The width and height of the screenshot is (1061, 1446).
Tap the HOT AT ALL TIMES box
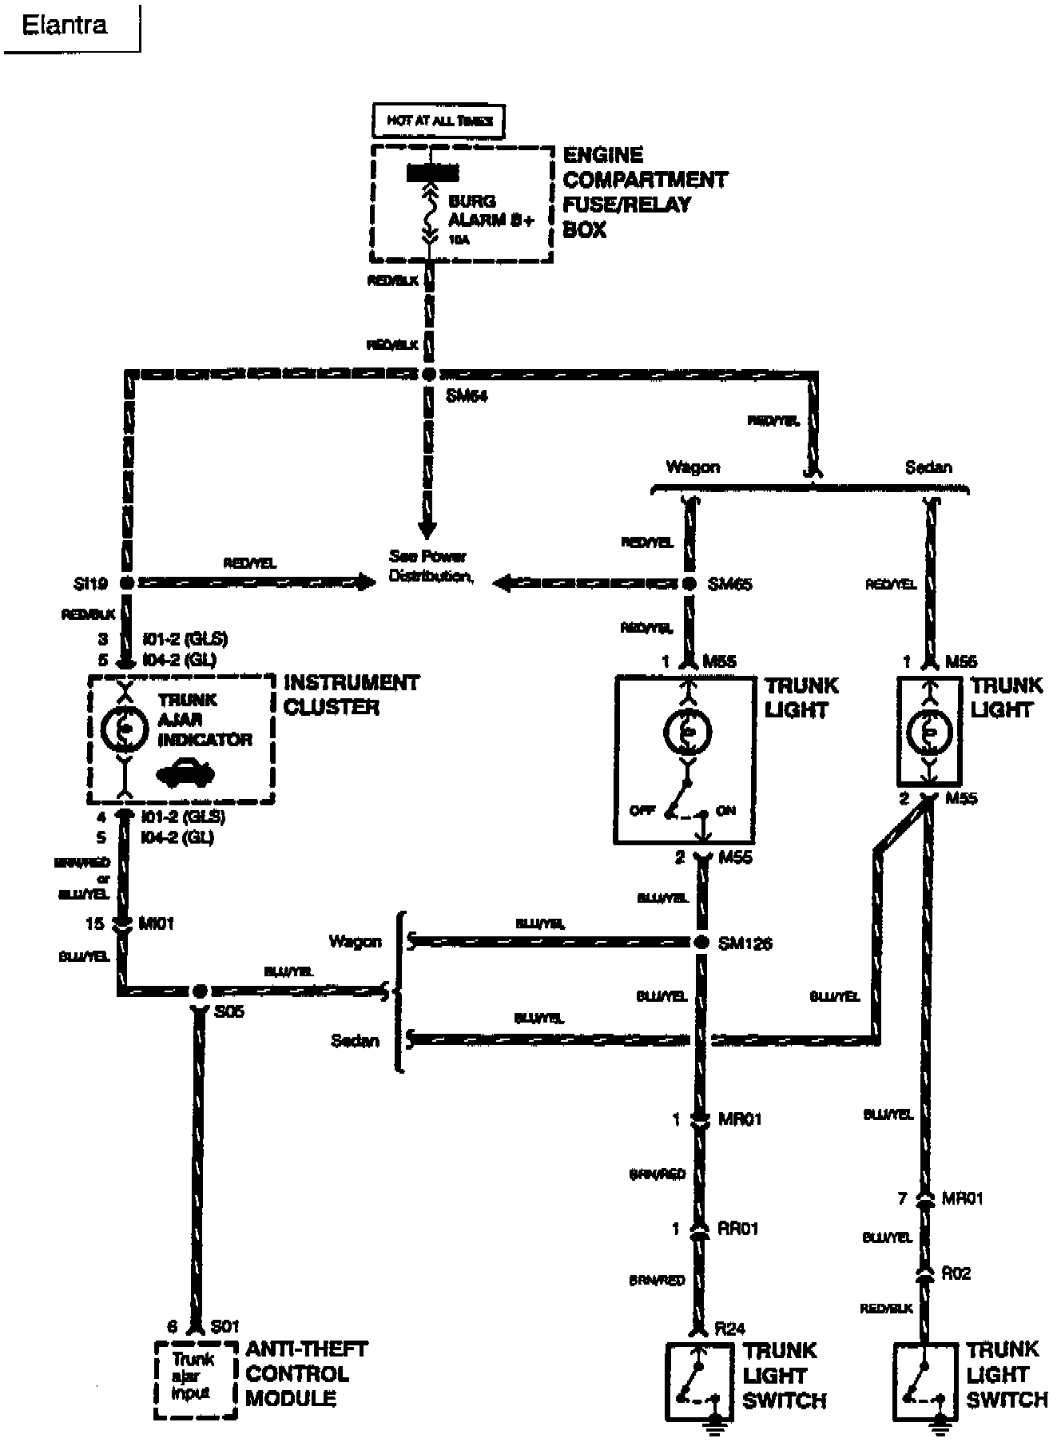(439, 121)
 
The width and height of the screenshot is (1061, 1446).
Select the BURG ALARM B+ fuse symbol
(430, 213)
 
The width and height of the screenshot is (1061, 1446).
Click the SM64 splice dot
(429, 374)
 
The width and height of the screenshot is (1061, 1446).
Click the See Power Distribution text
(429, 566)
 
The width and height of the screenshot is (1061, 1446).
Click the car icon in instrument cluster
(185, 773)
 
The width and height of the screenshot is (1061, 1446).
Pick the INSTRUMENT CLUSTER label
(351, 695)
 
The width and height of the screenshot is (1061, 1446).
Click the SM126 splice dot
(701, 943)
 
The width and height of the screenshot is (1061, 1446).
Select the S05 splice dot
(199, 991)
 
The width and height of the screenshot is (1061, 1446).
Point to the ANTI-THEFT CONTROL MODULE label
(307, 1373)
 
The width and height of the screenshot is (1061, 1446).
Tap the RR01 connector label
(737, 1228)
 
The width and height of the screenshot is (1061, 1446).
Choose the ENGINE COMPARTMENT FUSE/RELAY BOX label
(645, 192)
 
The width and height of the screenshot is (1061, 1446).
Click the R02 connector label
(956, 1273)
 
